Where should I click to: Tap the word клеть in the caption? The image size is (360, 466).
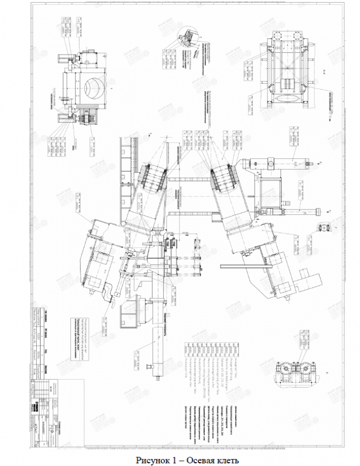[226, 460]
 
